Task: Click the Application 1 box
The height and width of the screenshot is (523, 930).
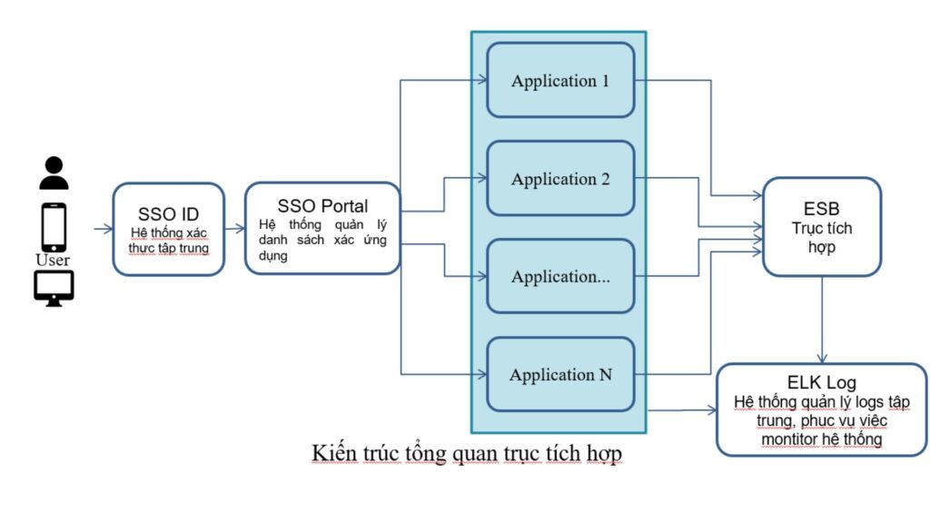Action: pyautogui.click(x=560, y=81)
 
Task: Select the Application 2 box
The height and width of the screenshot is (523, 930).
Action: pyautogui.click(x=560, y=179)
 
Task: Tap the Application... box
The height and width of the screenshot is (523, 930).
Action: pyautogui.click(x=560, y=277)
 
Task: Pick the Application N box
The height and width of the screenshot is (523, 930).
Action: pyautogui.click(x=560, y=374)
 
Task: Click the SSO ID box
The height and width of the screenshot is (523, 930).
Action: pyautogui.click(x=169, y=230)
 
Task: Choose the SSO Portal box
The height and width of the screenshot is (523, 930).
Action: pyautogui.click(x=322, y=229)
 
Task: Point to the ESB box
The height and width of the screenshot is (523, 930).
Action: pyautogui.click(x=822, y=227)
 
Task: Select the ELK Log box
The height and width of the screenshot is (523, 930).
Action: pyautogui.click(x=822, y=410)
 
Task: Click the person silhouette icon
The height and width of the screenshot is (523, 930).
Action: pyautogui.click(x=54, y=173)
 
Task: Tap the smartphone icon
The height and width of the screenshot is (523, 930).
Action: pyautogui.click(x=54, y=227)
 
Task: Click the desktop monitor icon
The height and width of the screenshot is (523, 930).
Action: pyautogui.click(x=54, y=288)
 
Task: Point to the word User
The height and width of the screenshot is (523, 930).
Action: pyautogui.click(x=53, y=261)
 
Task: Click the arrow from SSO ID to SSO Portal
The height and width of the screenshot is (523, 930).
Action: pyautogui.click(x=234, y=229)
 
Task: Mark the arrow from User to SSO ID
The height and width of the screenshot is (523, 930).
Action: pyautogui.click(x=103, y=229)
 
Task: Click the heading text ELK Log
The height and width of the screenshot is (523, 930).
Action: pyautogui.click(x=822, y=382)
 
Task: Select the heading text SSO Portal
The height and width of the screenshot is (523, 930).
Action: pyautogui.click(x=322, y=206)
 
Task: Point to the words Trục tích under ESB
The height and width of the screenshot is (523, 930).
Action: pyautogui.click(x=822, y=229)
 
